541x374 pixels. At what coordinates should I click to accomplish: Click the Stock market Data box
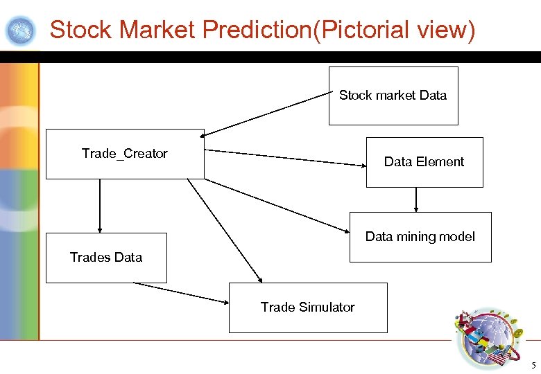(x=393, y=96)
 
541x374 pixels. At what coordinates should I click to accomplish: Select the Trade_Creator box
(x=125, y=154)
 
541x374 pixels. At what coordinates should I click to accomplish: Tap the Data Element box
(x=424, y=162)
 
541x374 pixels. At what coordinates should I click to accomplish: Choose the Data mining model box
(x=420, y=237)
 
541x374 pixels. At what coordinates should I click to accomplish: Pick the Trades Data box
(x=106, y=258)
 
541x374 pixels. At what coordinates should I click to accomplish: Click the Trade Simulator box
(x=308, y=308)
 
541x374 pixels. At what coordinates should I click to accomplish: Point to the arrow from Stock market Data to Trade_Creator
(x=267, y=114)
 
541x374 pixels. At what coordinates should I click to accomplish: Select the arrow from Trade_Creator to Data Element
(x=286, y=158)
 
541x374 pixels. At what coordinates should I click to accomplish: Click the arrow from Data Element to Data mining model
(x=416, y=199)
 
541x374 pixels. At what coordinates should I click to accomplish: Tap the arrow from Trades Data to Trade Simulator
(x=181, y=293)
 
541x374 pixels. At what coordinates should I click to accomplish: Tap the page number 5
(x=533, y=365)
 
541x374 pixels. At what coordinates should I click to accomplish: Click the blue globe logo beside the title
(x=20, y=30)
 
